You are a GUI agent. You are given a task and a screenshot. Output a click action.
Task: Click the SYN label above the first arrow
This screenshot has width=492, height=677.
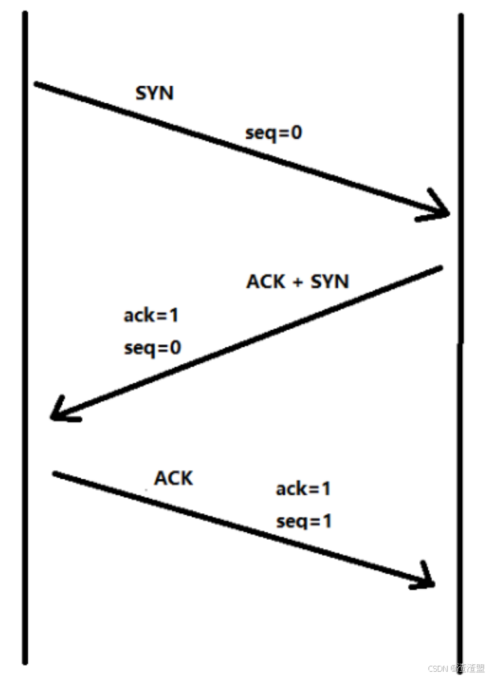154,93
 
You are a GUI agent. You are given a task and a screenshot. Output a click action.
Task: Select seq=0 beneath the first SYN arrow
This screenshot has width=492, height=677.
273,133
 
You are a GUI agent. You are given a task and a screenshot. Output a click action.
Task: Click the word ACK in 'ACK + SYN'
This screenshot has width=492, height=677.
266,281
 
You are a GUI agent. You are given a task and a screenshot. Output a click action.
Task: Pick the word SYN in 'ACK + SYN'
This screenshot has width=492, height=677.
329,281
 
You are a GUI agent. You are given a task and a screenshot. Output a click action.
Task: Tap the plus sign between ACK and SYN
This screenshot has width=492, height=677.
297,282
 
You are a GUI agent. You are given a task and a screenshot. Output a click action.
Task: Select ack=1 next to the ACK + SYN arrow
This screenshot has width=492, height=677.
151,315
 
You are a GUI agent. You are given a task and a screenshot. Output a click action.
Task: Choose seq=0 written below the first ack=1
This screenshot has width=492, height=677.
152,347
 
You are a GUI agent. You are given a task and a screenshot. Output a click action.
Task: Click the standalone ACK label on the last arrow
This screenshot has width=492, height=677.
173,477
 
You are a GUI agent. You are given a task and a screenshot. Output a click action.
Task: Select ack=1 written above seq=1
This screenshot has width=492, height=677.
303,489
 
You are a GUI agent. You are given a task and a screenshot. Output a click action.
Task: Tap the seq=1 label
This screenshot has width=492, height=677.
304,521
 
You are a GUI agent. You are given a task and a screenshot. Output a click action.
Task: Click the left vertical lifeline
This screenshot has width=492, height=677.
25,332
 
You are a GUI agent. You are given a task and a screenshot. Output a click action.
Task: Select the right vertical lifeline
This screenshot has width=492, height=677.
461,332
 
